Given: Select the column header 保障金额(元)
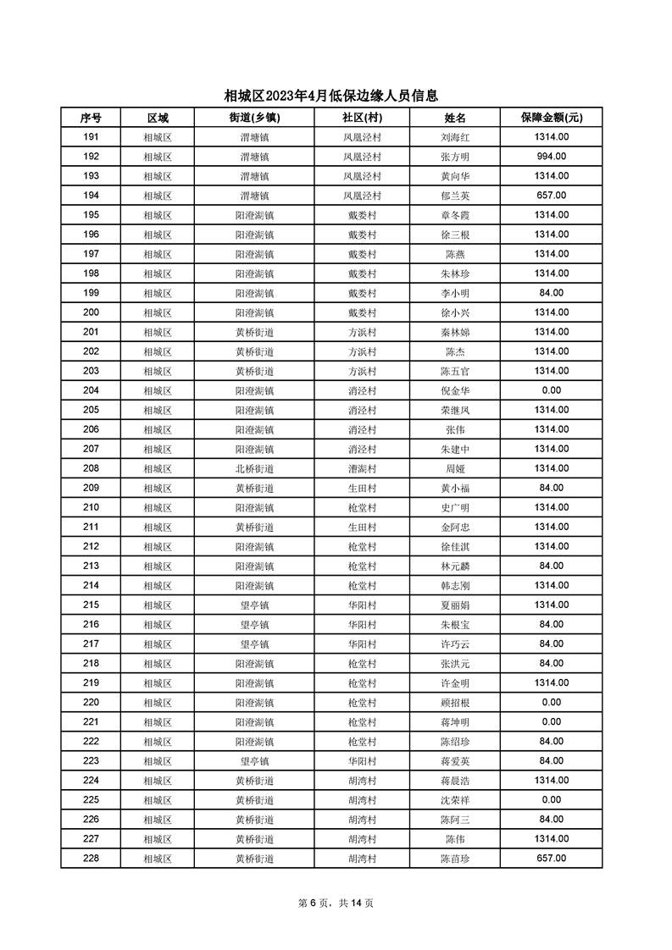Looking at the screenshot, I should point(551,118).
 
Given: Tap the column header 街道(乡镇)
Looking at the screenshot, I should point(254,118).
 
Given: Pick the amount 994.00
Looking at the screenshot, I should point(551,157).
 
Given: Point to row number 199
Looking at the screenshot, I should point(92,293).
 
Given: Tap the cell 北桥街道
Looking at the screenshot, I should point(254,468).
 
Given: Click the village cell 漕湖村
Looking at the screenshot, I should point(362,468).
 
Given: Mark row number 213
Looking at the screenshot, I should point(92,566).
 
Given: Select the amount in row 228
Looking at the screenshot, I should point(551,858).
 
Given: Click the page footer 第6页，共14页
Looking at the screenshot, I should point(336,903).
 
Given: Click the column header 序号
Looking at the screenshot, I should point(92,118).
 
